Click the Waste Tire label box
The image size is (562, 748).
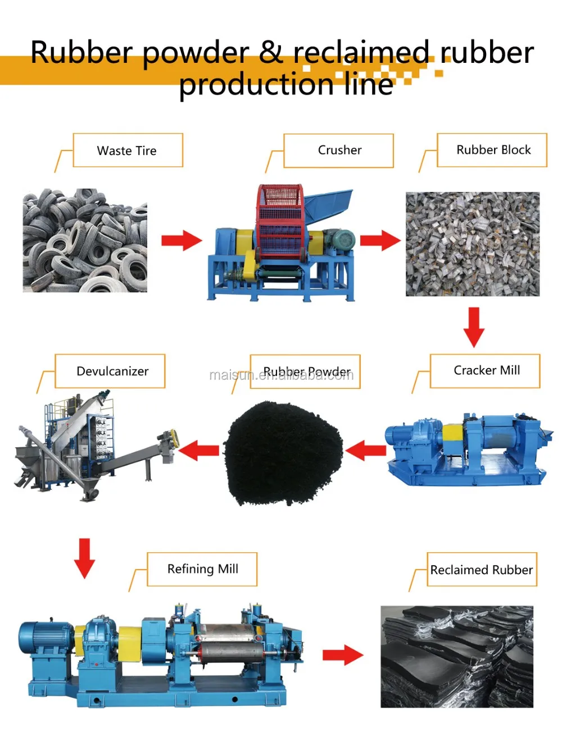[128, 150]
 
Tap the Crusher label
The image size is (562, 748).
[339, 150]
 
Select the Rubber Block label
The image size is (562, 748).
[492, 150]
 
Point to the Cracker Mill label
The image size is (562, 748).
[485, 370]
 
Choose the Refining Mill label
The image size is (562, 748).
[202, 569]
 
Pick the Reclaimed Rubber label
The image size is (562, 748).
[482, 570]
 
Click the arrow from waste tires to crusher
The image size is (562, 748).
[181, 241]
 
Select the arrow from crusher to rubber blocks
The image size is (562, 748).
[380, 241]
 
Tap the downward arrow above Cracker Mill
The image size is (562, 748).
[474, 327]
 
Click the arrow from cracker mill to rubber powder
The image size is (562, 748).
[366, 450]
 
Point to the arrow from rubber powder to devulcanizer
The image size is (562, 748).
[199, 450]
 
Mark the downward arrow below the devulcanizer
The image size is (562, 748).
[84, 558]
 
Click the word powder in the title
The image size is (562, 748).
[196, 53]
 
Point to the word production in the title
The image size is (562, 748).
[256, 85]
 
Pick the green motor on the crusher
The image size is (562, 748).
[341, 240]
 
